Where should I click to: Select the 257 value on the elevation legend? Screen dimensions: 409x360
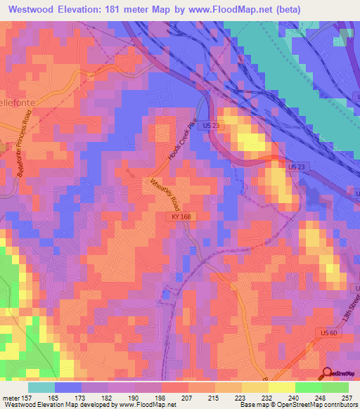(347, 398)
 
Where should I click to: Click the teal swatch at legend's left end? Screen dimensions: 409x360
(41, 387)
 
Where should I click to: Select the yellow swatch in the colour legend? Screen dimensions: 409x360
(281, 387)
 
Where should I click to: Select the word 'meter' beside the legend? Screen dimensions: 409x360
(12, 398)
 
